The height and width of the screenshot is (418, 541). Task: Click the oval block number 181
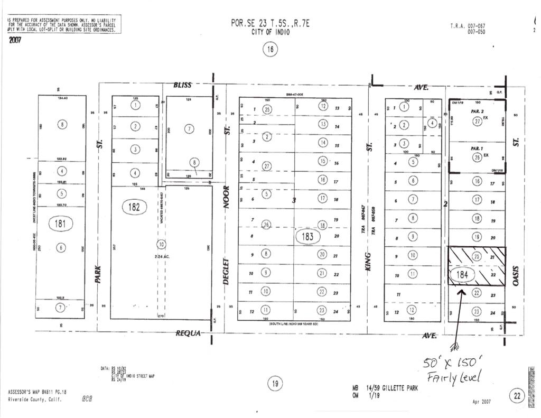[60, 224]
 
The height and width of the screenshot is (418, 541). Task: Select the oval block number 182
[134, 207]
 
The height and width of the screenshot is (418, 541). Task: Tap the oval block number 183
[308, 236]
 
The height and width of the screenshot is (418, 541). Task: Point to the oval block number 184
[462, 275]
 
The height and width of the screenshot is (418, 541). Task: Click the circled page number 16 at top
[270, 50]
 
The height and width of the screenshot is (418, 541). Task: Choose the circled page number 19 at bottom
[274, 384]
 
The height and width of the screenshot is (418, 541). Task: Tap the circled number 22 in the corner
[516, 396]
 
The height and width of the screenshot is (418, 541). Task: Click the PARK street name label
[98, 273]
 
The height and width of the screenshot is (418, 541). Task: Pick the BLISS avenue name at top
[183, 85]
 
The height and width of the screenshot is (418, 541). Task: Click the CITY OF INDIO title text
[270, 32]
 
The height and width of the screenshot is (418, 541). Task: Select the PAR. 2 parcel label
[477, 112]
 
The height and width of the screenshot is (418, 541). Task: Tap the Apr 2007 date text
[481, 402]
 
